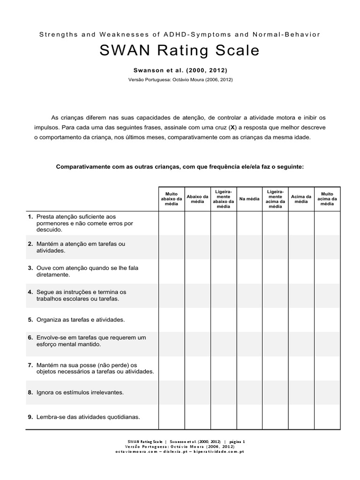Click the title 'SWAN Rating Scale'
(x=180, y=51)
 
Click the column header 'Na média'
(x=249, y=199)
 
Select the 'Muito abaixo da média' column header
(x=172, y=199)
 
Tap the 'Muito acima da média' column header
(x=327, y=199)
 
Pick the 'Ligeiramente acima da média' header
(x=275, y=199)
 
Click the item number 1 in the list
(x=30, y=217)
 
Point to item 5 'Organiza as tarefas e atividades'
(x=81, y=320)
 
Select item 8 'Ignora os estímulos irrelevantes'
(x=80, y=392)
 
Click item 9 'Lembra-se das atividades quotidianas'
(x=88, y=417)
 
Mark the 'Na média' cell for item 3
(x=249, y=271)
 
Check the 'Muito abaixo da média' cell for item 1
(x=172, y=223)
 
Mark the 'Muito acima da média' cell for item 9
(x=327, y=417)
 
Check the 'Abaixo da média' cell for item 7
(x=197, y=368)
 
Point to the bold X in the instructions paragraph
(x=232, y=127)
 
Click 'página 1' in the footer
(x=237, y=442)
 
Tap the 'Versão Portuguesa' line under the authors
(x=180, y=80)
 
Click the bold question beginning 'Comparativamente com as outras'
(x=180, y=166)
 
